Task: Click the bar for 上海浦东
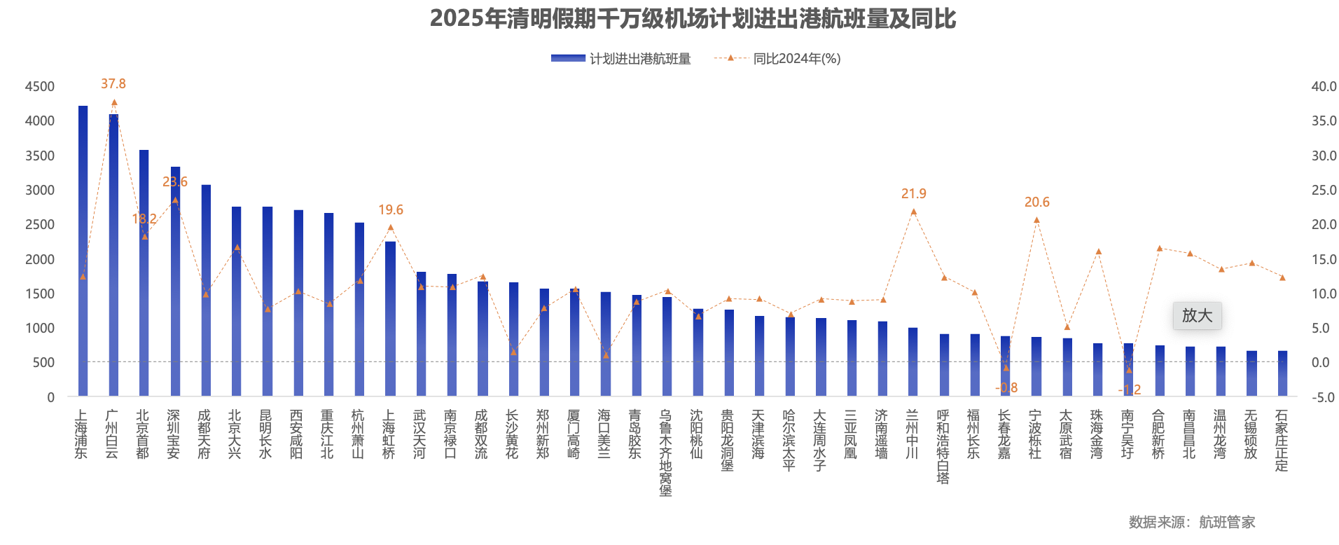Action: point(83,252)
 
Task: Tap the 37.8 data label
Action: point(113,84)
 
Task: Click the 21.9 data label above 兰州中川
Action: point(913,194)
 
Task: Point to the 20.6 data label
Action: point(1036,202)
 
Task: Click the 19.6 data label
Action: point(391,210)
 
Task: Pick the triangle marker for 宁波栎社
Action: point(1036,221)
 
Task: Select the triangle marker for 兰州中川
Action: point(913,212)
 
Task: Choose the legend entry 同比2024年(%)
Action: point(777,59)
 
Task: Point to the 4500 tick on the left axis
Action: point(39,87)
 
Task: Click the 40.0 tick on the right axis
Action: point(1324,87)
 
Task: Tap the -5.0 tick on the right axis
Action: point(1324,397)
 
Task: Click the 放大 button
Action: point(1197,316)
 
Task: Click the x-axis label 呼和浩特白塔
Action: point(943,447)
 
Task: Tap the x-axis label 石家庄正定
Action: point(1282,441)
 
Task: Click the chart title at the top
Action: point(692,19)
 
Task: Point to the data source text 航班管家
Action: point(1227,522)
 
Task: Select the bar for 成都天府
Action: point(206,291)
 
